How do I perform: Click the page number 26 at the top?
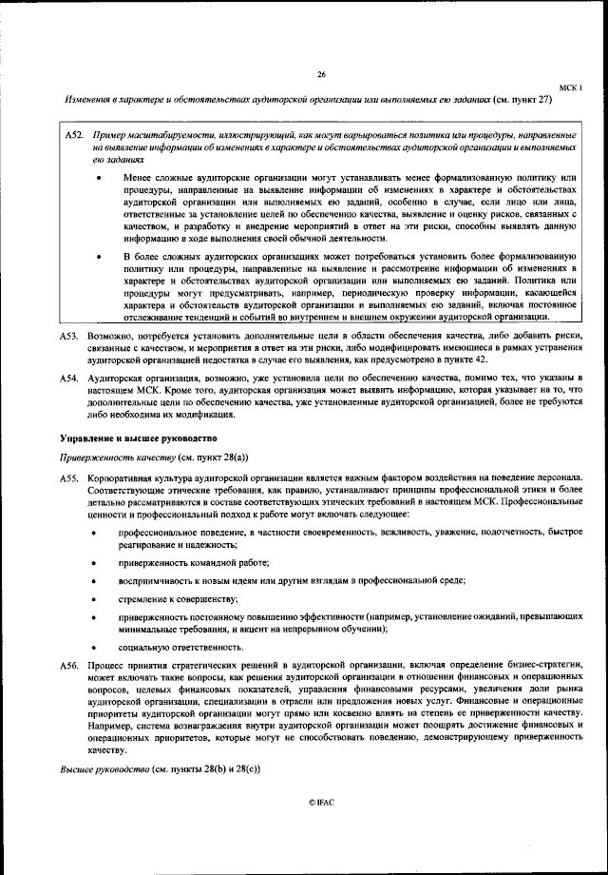(x=321, y=75)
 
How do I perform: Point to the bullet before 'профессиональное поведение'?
(x=92, y=533)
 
